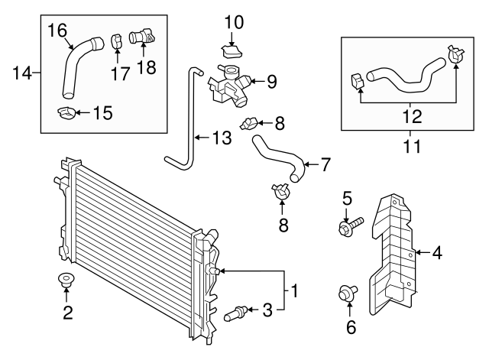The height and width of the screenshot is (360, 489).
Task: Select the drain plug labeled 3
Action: point(236,312)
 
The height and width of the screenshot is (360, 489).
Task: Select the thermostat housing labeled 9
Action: point(228,84)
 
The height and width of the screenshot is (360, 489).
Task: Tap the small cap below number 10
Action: point(232,50)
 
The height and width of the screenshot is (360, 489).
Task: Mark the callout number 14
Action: point(24,73)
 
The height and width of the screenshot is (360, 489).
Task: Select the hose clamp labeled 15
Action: point(66,115)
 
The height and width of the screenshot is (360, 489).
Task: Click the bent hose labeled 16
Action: point(75,69)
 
